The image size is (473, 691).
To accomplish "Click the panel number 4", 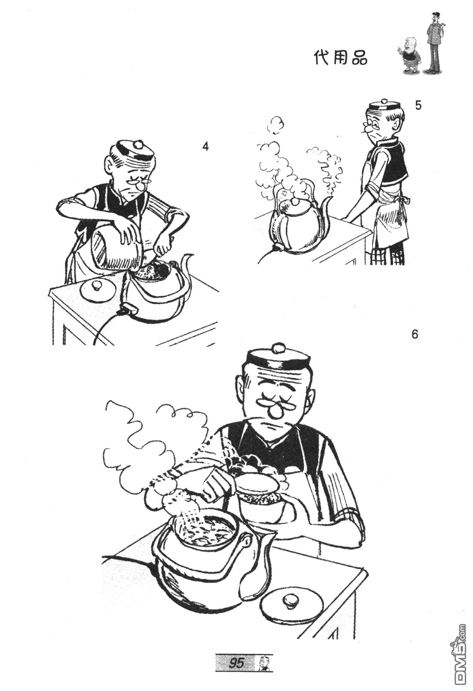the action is [205, 147].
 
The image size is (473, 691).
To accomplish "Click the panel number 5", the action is [418, 105].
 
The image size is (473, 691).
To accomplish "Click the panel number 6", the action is [415, 335].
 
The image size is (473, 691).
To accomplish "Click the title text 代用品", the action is [341, 58].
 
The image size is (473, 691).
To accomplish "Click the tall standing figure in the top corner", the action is [434, 43].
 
